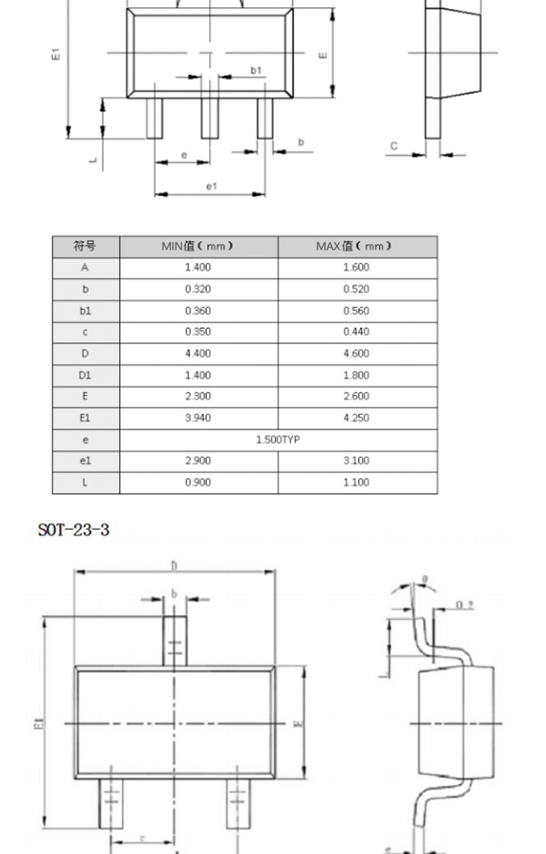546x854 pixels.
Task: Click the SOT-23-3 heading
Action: point(73,530)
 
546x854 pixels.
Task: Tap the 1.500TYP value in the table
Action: point(278,439)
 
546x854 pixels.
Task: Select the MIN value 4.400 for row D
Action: point(198,353)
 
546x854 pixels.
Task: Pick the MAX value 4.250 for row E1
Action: point(356,418)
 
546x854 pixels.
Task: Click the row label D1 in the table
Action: point(85,375)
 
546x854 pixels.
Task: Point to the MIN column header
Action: point(198,246)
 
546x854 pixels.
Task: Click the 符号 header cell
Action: point(85,246)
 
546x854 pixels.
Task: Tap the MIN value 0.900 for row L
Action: point(198,482)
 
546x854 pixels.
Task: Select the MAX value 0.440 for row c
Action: point(356,331)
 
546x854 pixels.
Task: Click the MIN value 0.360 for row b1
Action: point(198,311)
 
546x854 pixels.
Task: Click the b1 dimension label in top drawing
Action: point(256,70)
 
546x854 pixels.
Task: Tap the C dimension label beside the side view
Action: point(393,146)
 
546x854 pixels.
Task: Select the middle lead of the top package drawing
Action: point(210,118)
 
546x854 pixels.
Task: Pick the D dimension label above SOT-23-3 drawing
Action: point(174,565)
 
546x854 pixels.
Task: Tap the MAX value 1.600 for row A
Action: point(356,267)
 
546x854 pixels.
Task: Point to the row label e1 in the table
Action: point(85,460)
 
